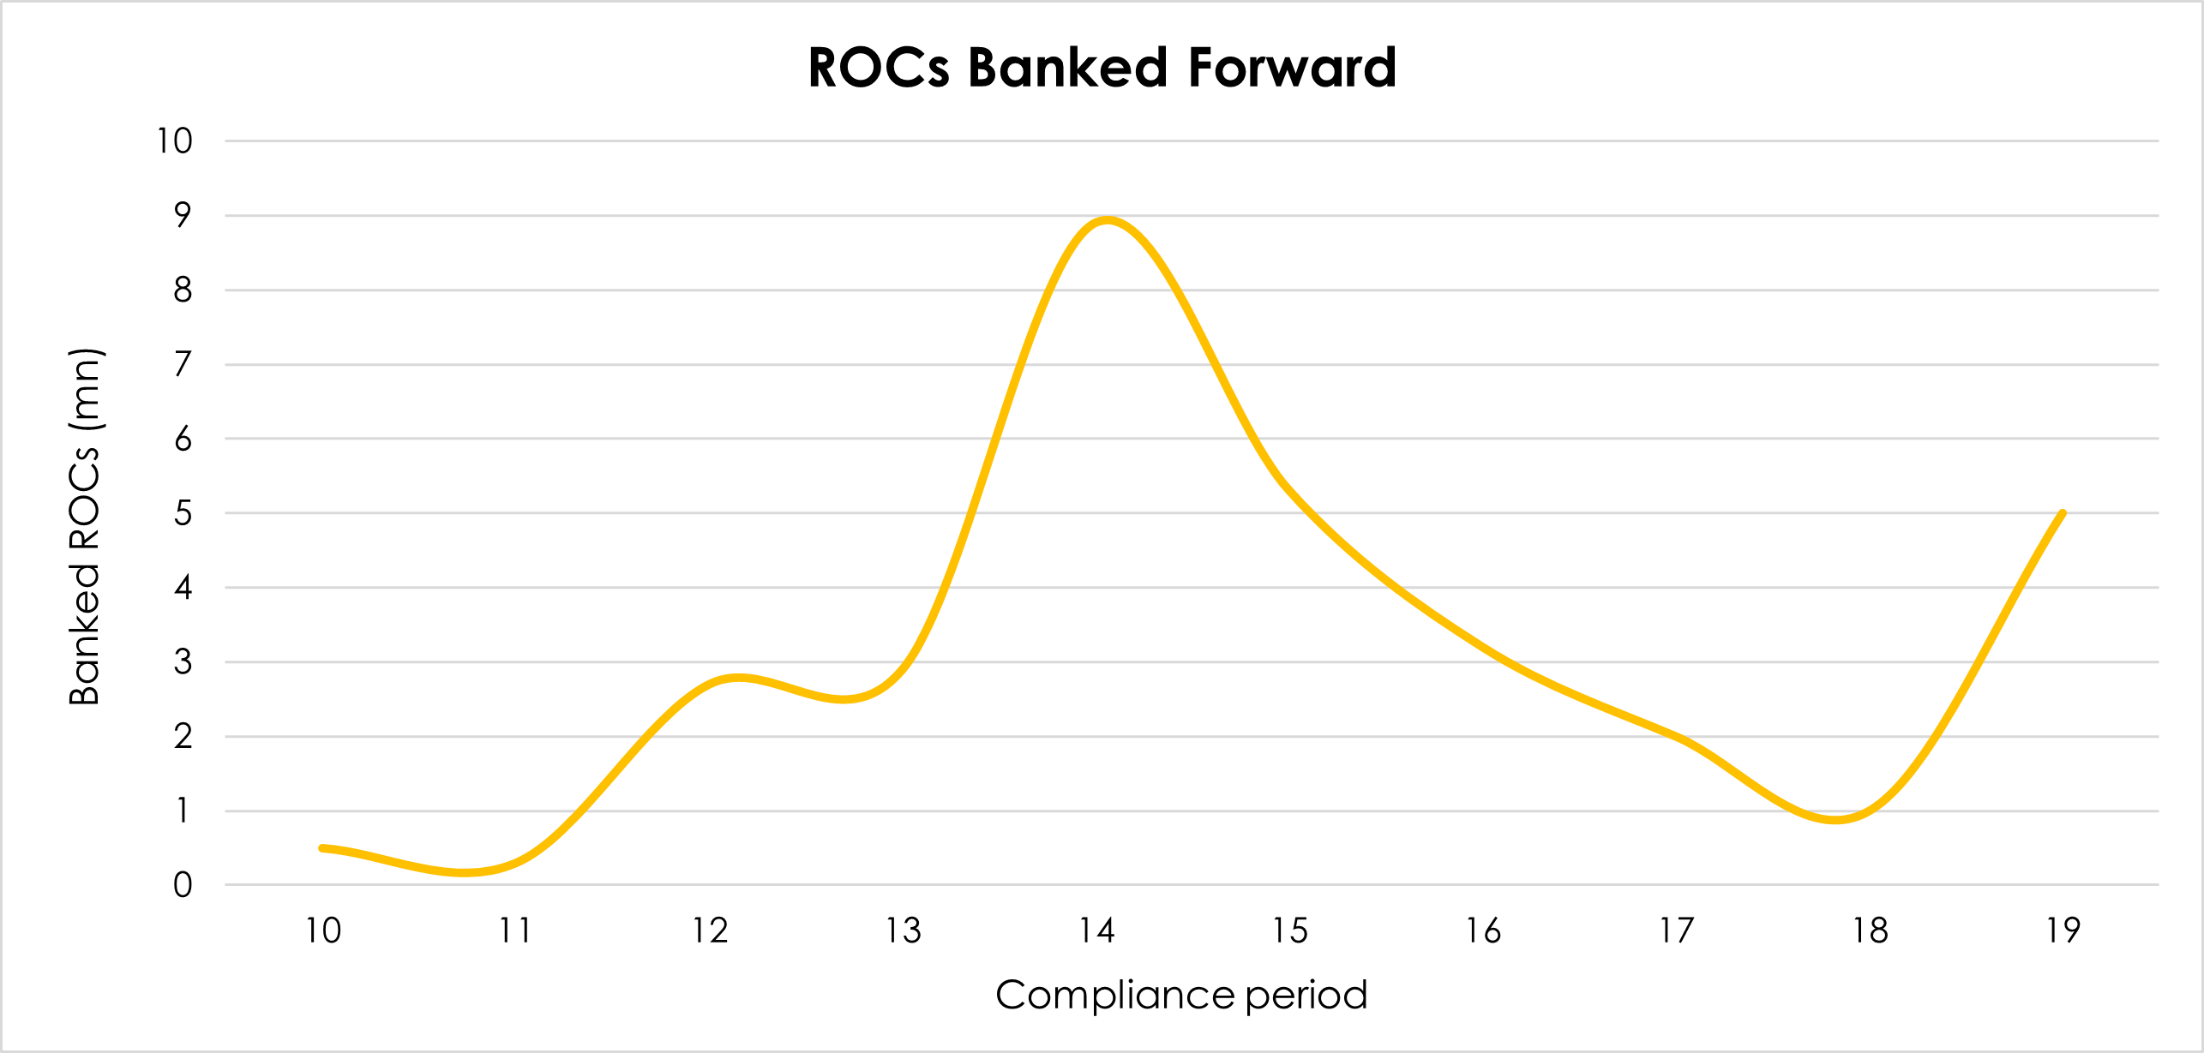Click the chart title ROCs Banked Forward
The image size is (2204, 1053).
coord(1102,68)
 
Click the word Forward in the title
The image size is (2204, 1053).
coord(1292,68)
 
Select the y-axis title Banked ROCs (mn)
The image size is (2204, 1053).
coord(85,527)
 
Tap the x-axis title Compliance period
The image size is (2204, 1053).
coord(1180,996)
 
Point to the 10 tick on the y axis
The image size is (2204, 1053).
coord(174,141)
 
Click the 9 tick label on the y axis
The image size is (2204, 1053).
coord(183,216)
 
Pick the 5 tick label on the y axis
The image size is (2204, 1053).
coord(183,514)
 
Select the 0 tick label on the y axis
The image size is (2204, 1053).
coord(183,886)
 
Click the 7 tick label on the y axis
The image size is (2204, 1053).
coord(183,365)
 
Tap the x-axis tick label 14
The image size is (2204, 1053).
coord(1096,931)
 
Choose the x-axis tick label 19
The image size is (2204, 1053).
coord(2063,931)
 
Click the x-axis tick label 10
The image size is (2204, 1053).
coord(323,931)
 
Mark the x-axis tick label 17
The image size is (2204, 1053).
coord(1676,931)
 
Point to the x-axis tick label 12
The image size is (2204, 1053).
coord(710,931)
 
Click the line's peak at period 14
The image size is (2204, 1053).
coord(1107,219)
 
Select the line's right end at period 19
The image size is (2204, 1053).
coord(2062,514)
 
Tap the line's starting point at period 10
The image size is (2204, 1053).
coord(323,848)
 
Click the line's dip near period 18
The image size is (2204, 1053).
coord(1835,820)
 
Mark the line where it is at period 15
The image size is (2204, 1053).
coord(1290,491)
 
